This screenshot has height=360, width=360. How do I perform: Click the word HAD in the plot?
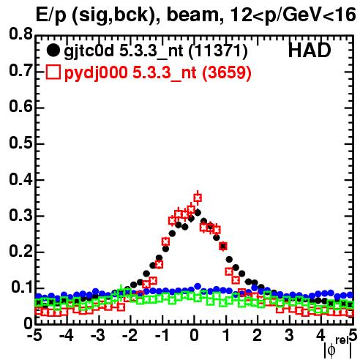(310, 50)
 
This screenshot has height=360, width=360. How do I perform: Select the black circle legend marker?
(53, 50)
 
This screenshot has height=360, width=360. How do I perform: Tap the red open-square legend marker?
(53, 72)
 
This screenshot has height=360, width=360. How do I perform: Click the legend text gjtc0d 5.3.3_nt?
(124, 51)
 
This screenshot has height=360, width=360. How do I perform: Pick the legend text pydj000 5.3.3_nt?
(130, 73)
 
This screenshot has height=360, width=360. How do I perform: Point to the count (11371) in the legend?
(218, 51)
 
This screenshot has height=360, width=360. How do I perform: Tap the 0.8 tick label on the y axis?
(20, 34)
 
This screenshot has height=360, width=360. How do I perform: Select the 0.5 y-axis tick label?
(20, 143)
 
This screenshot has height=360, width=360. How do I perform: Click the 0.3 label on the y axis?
(20, 215)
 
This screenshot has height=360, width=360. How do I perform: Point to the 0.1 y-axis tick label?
(22, 288)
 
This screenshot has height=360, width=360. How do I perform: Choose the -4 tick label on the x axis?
(67, 335)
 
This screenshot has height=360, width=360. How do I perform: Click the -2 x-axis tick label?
(130, 335)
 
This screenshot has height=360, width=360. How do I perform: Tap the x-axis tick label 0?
(194, 335)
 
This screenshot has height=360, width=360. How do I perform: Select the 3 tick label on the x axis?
(290, 335)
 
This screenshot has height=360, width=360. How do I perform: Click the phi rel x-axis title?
(338, 348)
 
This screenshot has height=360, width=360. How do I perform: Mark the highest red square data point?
(198, 198)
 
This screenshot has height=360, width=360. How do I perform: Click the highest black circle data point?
(198, 213)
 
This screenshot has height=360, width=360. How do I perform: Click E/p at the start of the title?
(51, 16)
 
